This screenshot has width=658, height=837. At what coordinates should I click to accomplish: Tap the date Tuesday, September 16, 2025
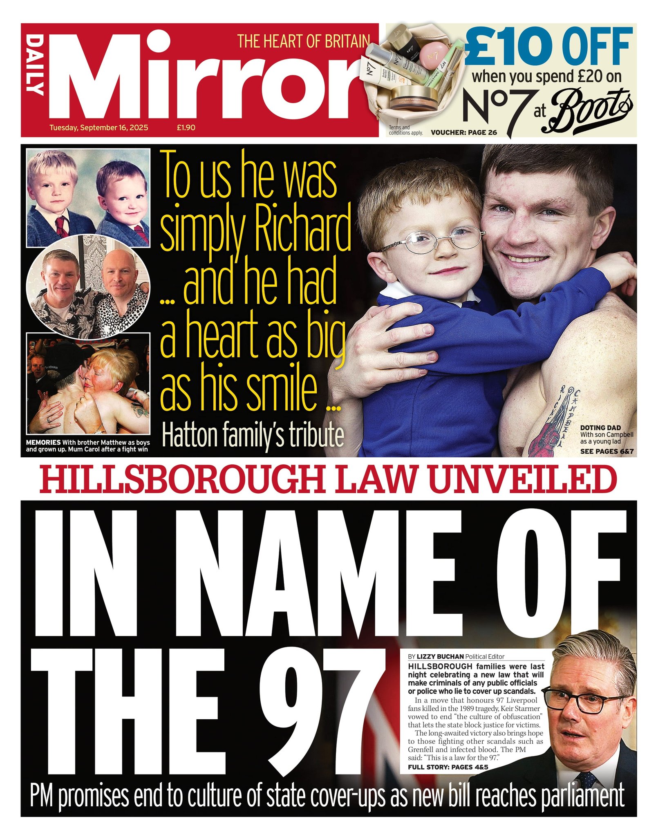[x=98, y=128]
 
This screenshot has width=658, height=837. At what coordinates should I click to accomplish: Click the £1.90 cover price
[x=186, y=128]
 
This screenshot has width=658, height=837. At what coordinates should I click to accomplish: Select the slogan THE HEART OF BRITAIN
[x=303, y=41]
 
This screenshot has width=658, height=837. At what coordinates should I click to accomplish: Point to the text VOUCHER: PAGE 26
[x=464, y=132]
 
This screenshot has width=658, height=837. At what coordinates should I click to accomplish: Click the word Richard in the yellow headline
[x=302, y=232]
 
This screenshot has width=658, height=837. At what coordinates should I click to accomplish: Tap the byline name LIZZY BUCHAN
[x=440, y=656]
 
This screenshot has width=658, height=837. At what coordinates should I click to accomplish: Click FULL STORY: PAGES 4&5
[x=448, y=767]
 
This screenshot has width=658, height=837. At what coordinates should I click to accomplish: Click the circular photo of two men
[x=88, y=286]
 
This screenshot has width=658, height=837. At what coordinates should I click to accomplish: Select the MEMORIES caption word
[x=43, y=442]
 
